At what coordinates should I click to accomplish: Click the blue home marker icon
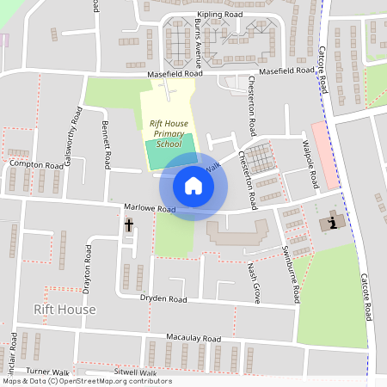click(193, 186)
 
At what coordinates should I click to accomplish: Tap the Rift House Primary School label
click(169, 133)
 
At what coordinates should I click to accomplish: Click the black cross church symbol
click(129, 225)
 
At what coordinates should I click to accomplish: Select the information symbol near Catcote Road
click(333, 223)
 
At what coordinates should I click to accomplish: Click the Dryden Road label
click(163, 299)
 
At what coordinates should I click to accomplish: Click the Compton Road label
click(36, 163)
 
